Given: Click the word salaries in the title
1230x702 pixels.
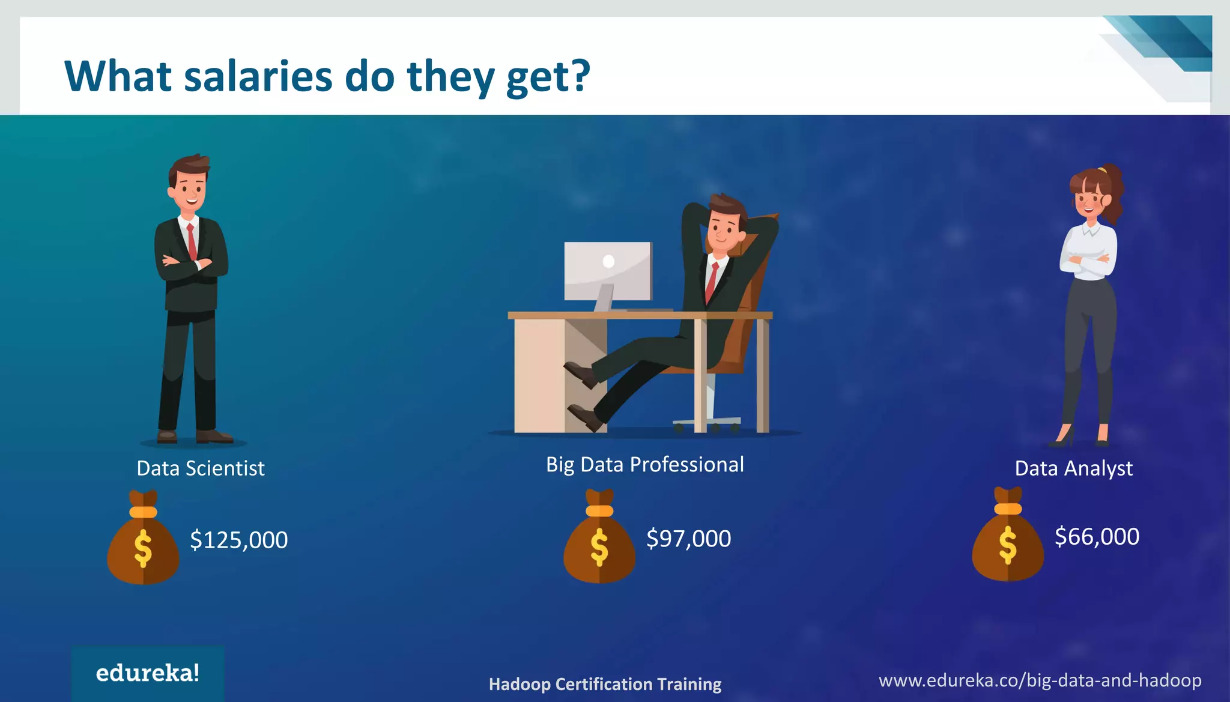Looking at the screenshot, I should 258,77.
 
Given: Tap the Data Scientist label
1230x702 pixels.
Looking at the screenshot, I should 200,468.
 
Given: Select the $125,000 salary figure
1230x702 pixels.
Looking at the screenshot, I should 238,540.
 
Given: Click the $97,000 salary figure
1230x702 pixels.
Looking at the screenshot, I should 688,539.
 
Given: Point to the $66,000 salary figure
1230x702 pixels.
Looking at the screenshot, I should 1097,536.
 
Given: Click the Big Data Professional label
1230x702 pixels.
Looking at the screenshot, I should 644,465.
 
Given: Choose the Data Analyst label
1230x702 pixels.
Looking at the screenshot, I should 1073,468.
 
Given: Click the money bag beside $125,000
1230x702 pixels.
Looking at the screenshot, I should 143,540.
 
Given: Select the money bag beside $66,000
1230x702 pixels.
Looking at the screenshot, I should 1007,537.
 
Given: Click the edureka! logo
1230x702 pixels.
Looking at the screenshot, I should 148,673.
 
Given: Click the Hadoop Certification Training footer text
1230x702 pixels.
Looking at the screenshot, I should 605,684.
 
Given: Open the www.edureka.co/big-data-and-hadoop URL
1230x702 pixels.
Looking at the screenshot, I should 1040,680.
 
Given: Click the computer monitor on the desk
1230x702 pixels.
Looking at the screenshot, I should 607,271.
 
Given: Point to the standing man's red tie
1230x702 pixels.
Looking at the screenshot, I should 192,241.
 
